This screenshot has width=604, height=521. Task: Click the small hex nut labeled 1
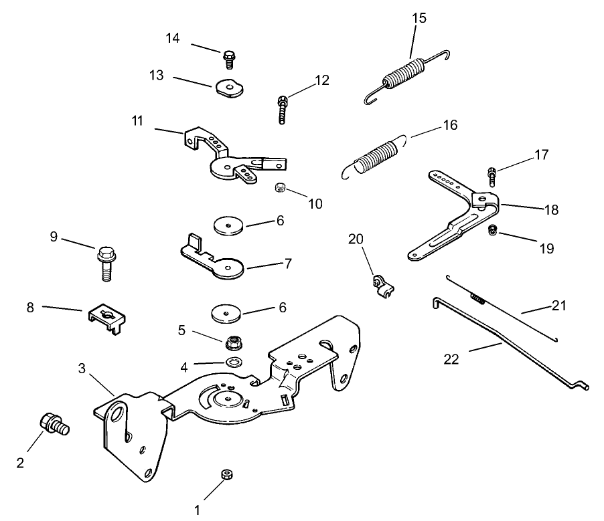226,475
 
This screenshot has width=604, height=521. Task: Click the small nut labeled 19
492,231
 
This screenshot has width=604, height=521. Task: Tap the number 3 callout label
81,368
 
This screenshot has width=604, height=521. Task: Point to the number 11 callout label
137,121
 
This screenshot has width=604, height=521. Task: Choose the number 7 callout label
288,264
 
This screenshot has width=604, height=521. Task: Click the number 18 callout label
551,209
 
